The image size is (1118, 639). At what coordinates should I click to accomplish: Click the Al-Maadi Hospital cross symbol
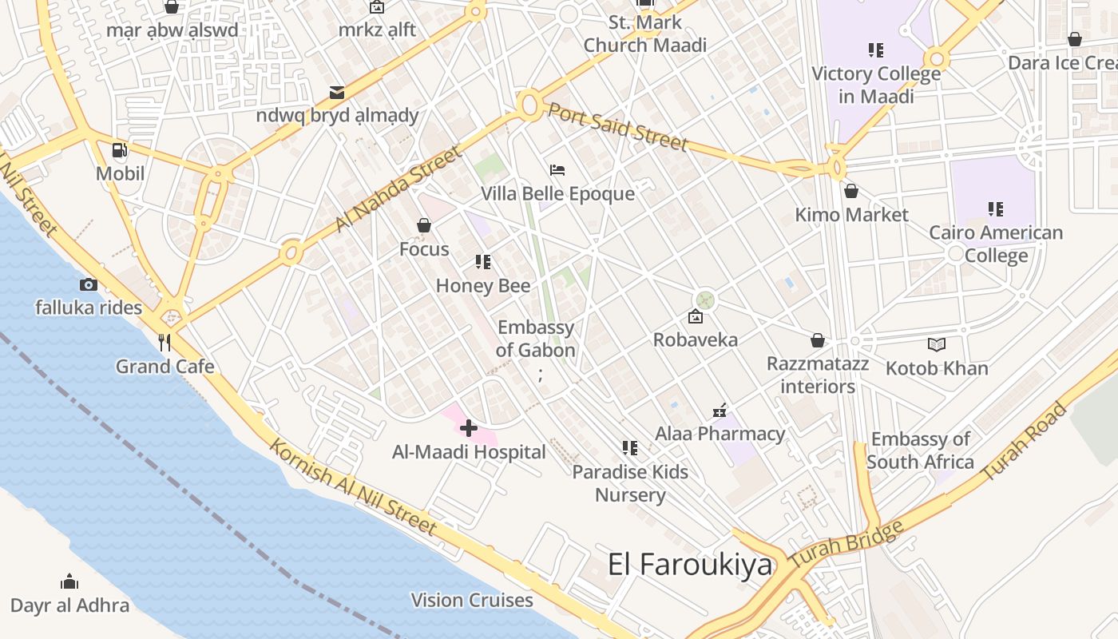point(469,429)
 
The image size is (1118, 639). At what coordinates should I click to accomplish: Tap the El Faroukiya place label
point(690,565)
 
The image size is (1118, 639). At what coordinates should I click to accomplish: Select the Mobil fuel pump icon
point(120,149)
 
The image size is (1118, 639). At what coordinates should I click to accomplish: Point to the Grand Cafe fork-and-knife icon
point(165,343)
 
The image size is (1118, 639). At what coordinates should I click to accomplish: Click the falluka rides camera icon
point(88,284)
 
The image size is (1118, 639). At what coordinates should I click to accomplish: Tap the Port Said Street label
point(617,126)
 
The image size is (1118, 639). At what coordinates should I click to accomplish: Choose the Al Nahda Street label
point(398,189)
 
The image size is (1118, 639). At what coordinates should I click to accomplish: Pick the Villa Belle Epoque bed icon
point(557,169)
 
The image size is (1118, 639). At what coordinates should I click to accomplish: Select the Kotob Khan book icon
point(937,344)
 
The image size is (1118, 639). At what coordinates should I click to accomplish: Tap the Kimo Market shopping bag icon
point(851,191)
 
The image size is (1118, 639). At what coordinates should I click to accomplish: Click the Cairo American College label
point(996,244)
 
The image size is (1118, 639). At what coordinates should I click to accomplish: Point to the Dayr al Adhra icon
point(69,581)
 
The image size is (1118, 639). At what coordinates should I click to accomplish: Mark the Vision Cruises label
point(472,600)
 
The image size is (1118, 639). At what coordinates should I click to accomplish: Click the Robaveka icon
point(696,316)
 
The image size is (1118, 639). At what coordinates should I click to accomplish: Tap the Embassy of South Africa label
point(920,450)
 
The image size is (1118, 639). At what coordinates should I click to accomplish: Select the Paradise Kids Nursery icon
point(630,448)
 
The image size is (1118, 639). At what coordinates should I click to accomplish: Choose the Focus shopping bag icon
point(424,226)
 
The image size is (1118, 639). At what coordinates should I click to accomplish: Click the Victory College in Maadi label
point(876,85)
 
